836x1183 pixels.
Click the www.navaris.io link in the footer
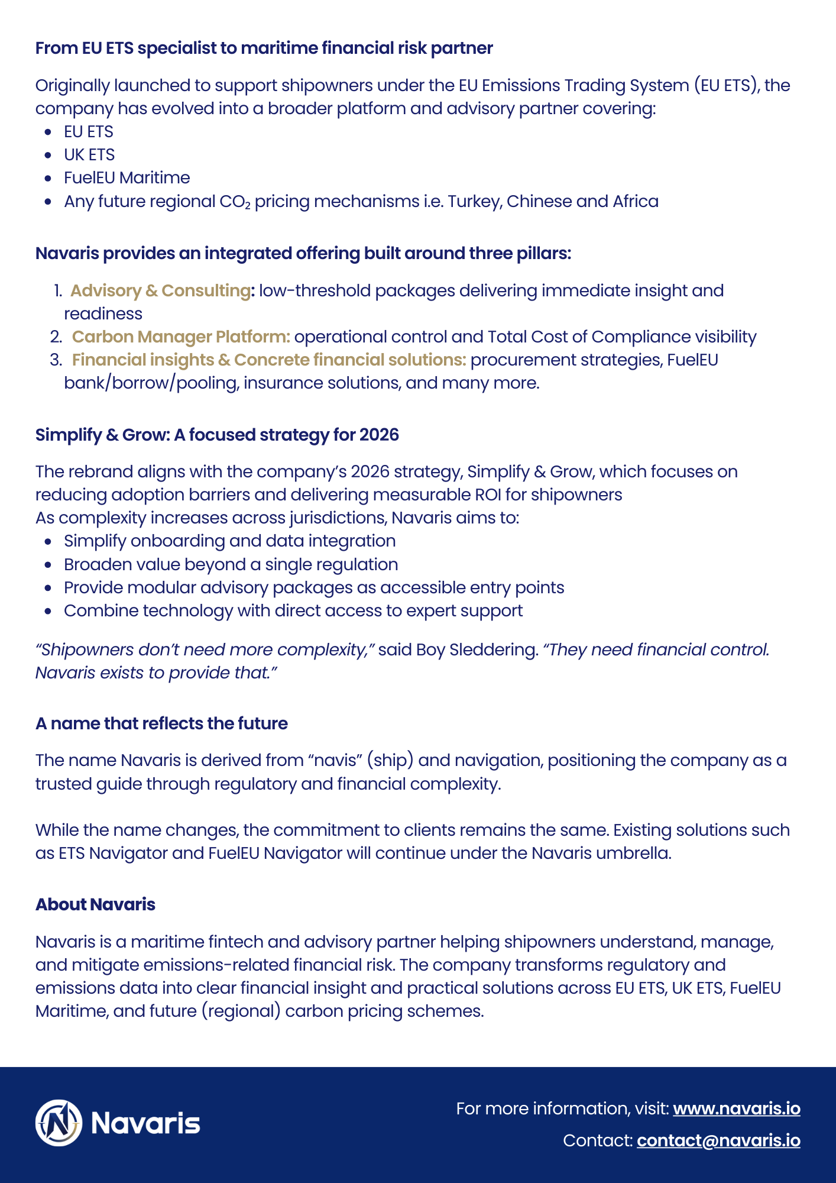tap(736, 1108)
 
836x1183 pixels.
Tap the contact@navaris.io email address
tap(718, 1140)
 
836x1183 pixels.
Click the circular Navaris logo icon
tap(59, 1123)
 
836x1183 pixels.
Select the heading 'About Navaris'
tap(95, 904)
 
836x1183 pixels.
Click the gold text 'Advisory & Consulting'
tap(160, 290)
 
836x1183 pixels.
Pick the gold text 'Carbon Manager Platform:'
tap(181, 337)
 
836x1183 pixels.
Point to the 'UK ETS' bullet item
tap(89, 155)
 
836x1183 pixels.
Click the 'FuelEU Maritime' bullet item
tap(127, 178)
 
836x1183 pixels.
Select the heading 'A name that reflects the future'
tap(161, 723)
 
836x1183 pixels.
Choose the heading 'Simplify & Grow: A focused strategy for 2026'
tap(217, 435)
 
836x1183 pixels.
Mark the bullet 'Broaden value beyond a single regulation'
tap(231, 564)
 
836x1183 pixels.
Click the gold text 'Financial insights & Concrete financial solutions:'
tap(269, 360)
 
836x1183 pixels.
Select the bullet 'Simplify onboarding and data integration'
tap(229, 541)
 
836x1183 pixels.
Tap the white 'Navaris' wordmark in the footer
tap(146, 1123)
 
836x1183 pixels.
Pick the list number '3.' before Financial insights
tap(56, 360)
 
